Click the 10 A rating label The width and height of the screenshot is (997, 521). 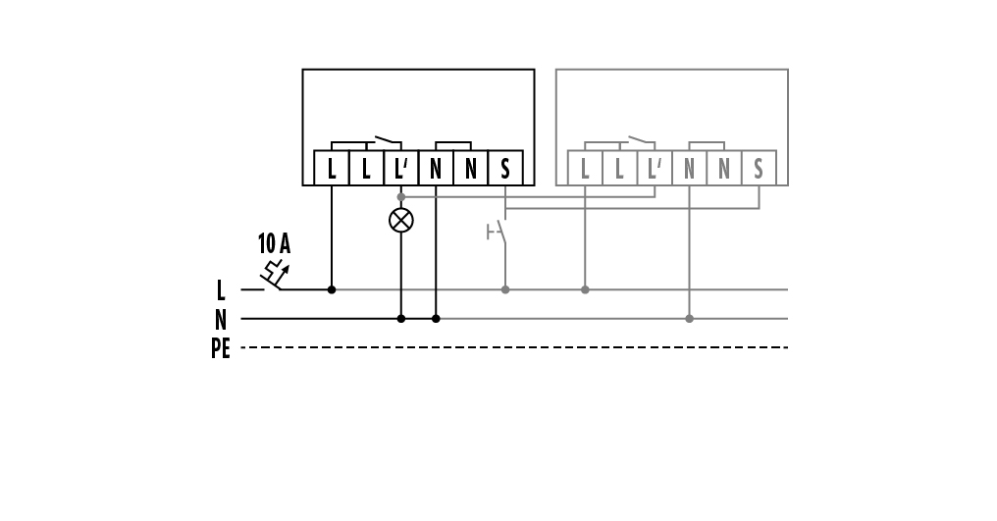tap(274, 244)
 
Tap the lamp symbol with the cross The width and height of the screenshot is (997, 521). tap(400, 220)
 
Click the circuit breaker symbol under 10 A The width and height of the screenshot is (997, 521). tap(276, 276)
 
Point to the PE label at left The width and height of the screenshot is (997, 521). tap(221, 348)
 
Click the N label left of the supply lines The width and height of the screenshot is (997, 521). tap(221, 320)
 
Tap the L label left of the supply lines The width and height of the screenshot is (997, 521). tap(221, 290)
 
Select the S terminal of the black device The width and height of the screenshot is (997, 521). tap(505, 169)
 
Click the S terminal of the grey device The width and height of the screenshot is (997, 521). tap(759, 169)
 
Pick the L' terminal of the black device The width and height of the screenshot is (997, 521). tap(400, 169)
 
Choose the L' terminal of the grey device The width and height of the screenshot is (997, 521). tap(655, 169)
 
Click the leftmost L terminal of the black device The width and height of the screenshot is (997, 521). tap(332, 169)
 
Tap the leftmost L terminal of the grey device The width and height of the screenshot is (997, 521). tap(585, 169)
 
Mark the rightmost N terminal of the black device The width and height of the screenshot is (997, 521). tap(471, 169)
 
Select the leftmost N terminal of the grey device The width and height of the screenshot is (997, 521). tap(689, 169)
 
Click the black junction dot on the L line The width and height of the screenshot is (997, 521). tap(332, 289)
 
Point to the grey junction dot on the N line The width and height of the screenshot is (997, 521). tap(689, 318)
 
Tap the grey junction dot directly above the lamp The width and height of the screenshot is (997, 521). tap(400, 197)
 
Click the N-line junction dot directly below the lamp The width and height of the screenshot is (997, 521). tap(400, 318)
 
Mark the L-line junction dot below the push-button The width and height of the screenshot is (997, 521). tap(505, 289)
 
